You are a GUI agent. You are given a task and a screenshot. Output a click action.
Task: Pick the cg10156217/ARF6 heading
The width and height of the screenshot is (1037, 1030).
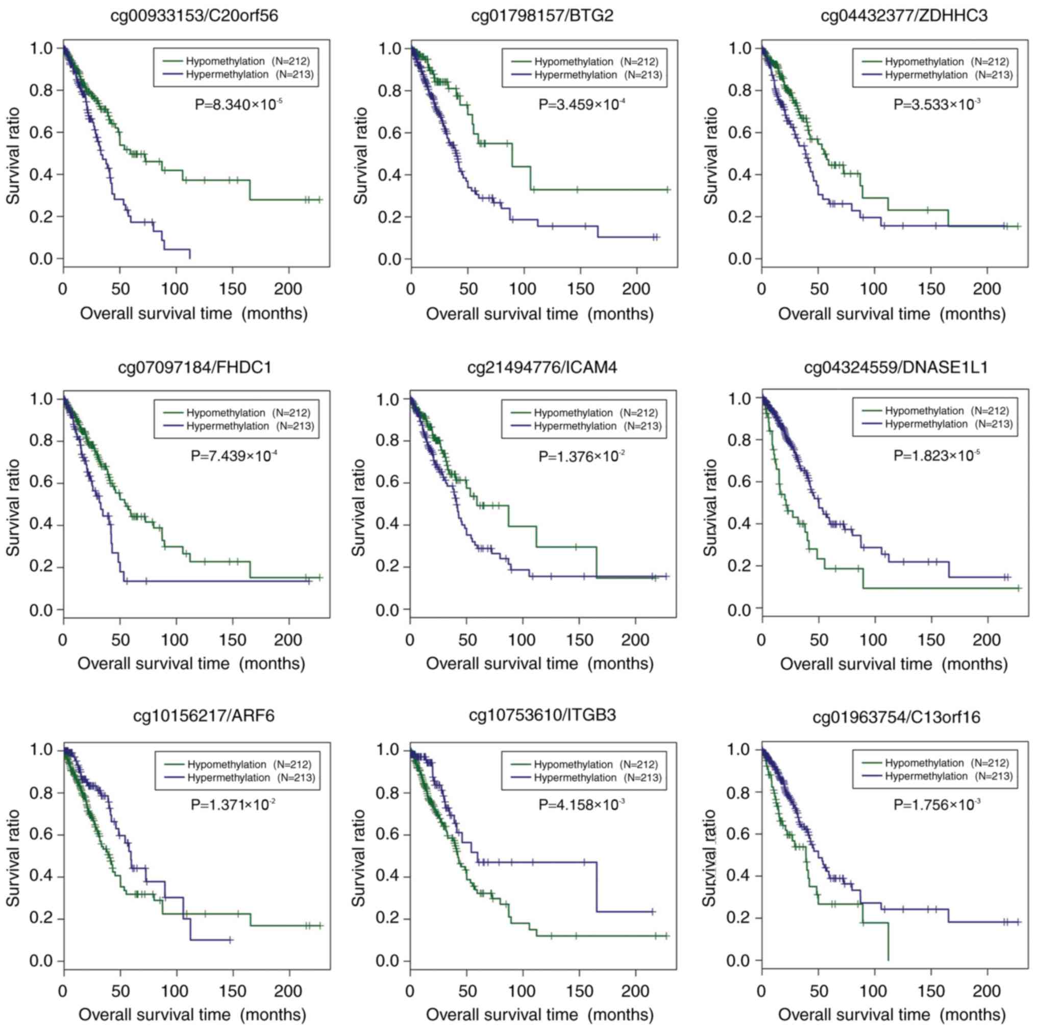click(x=204, y=716)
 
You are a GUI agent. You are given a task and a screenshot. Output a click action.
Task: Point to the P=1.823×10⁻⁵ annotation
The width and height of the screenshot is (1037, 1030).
click(x=936, y=455)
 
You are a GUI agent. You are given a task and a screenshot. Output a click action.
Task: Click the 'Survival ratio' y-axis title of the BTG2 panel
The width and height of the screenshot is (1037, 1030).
click(x=362, y=156)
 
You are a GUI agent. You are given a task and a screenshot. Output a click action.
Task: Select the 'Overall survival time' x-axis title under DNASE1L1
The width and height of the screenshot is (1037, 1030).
click(x=894, y=664)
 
